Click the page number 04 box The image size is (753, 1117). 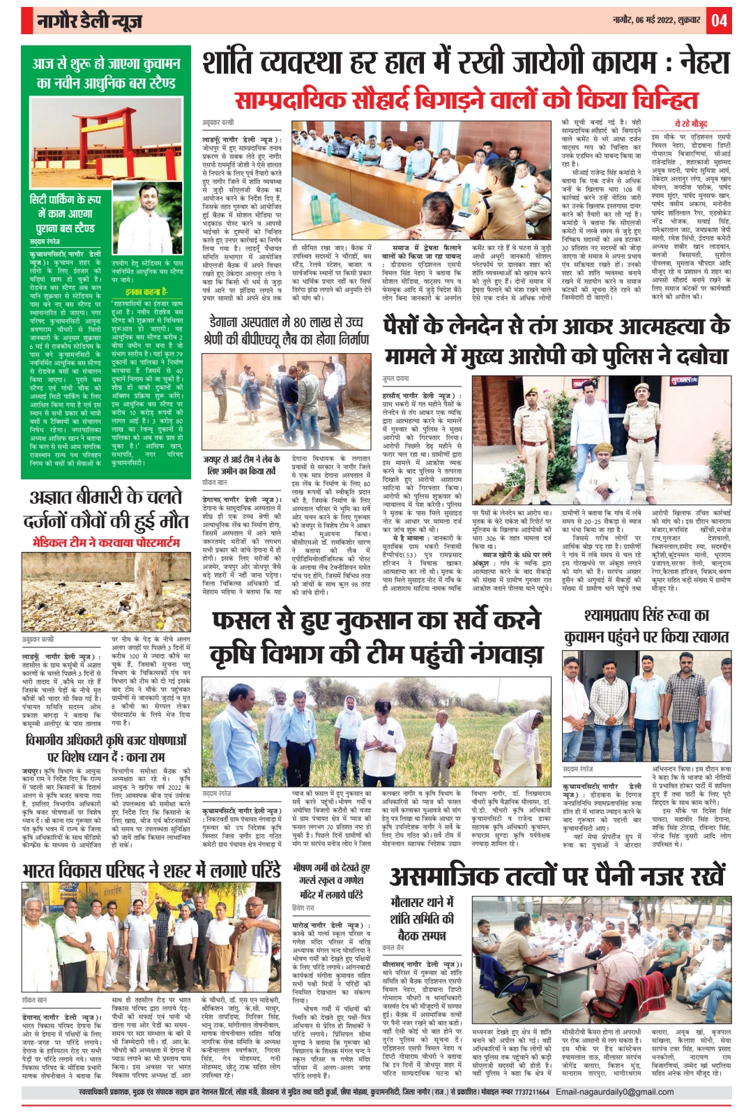point(719,20)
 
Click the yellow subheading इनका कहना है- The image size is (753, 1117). point(146,292)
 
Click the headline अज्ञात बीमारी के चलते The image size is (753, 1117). point(105,497)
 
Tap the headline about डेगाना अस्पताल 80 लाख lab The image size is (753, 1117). point(290,331)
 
